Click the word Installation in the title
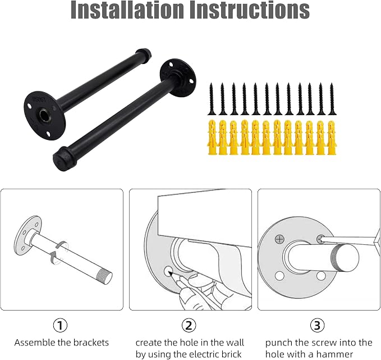point(127,10)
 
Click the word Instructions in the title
point(250,10)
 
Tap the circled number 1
point(60,325)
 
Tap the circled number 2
point(189,325)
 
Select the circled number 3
point(318,325)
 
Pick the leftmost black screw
point(212,99)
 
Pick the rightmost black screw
point(332,99)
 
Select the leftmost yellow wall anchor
point(212,138)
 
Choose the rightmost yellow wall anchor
point(332,138)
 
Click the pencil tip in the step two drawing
point(170,273)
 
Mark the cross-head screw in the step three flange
point(279,239)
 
